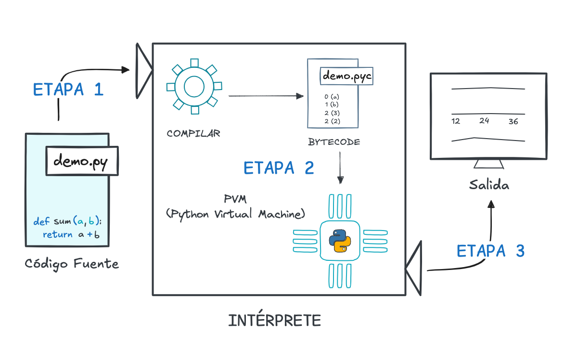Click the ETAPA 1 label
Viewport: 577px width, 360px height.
click(x=68, y=90)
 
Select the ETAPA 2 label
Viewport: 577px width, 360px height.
click(x=279, y=168)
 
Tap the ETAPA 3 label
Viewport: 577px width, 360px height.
click(x=490, y=251)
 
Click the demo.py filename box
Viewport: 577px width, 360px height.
click(x=82, y=161)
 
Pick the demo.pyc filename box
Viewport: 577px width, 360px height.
click(x=346, y=76)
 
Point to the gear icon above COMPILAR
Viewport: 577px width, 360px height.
click(x=194, y=87)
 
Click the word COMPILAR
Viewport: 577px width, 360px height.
click(x=193, y=133)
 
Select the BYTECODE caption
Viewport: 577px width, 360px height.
click(x=334, y=142)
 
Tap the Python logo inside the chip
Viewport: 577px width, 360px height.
click(x=339, y=241)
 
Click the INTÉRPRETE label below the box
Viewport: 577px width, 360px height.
click(x=274, y=321)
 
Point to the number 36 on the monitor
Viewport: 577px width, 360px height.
click(x=513, y=122)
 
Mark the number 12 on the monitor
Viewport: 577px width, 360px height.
click(x=456, y=121)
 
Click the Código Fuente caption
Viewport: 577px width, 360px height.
click(x=72, y=264)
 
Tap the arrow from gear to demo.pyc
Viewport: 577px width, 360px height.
click(x=266, y=96)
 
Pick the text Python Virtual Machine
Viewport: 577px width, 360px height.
click(x=236, y=214)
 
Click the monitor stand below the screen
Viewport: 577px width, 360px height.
click(x=489, y=164)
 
